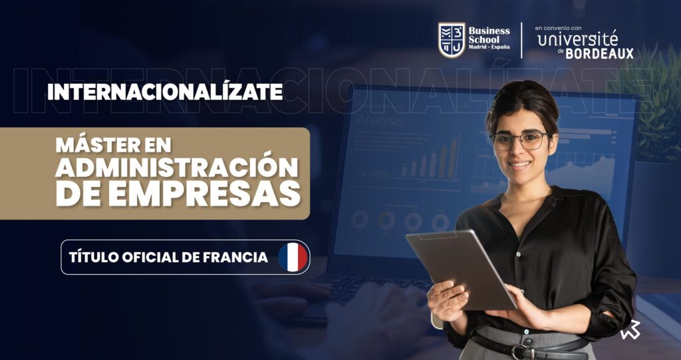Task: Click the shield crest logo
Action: click(452, 40)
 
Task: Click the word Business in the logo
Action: click(489, 31)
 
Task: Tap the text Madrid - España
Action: click(489, 47)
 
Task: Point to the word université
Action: click(578, 39)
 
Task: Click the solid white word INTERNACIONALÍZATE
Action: click(165, 92)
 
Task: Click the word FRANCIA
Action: click(235, 257)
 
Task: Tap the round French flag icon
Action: click(293, 258)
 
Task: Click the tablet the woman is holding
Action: click(461, 270)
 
